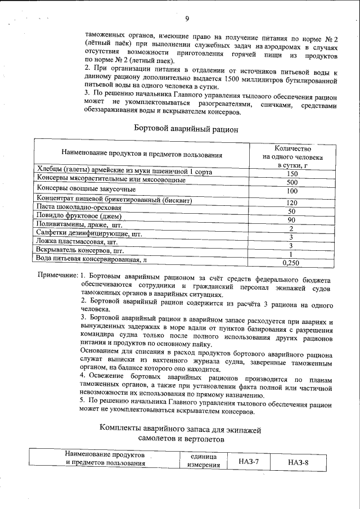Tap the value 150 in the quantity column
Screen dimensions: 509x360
291,174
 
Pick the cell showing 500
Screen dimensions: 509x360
291,183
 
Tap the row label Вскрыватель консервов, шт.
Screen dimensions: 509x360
80,250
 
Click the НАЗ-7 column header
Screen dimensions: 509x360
248,462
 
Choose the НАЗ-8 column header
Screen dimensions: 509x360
298,462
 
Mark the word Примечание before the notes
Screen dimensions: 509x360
57,276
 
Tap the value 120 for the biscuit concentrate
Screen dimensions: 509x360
291,202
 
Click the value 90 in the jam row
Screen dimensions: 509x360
291,220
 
